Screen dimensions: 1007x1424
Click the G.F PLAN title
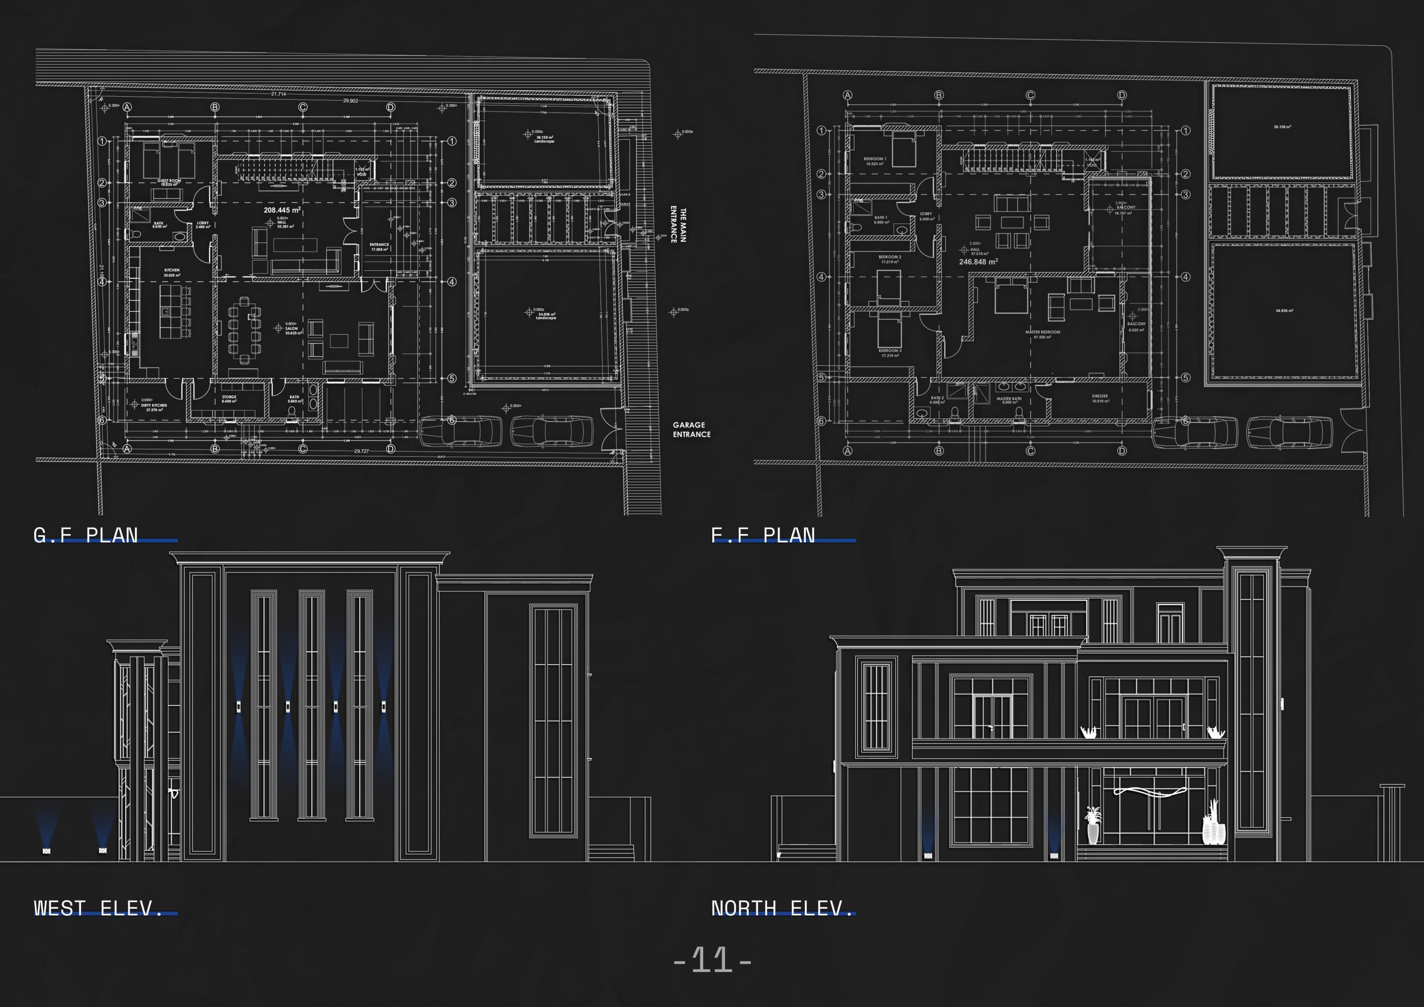tap(85, 535)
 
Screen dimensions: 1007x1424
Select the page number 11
tap(712, 960)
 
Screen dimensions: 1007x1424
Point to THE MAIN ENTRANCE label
tap(679, 224)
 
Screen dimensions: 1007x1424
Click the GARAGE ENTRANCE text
tap(691, 429)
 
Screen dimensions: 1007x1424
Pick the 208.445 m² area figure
tap(281, 210)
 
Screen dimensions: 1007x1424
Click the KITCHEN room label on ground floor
tap(172, 272)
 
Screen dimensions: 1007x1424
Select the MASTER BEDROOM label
tap(1042, 334)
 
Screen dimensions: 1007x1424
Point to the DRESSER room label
tap(1099, 398)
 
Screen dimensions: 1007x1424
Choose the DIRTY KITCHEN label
tap(154, 407)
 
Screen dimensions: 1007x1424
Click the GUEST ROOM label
tap(169, 182)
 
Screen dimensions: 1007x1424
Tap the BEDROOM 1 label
tap(875, 161)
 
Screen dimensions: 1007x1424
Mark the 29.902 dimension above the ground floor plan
tap(351, 101)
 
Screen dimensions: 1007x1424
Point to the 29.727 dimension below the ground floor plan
tap(361, 451)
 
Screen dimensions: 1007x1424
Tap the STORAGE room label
tap(229, 399)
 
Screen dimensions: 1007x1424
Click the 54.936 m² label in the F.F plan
tap(1283, 311)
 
